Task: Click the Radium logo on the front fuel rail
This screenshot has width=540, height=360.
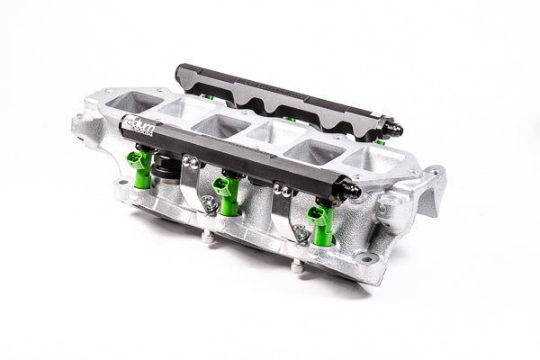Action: (141, 130)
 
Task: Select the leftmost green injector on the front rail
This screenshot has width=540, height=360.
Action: (139, 166)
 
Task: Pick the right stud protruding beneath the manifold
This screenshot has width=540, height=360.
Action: (297, 265)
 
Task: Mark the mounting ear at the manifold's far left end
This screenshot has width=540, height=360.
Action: (88, 130)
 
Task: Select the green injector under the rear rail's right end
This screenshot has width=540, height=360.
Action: (381, 140)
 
